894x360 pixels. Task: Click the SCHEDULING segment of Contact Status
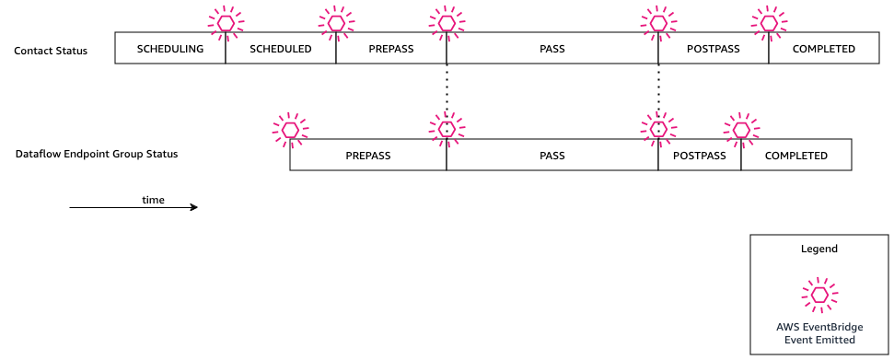pos(169,49)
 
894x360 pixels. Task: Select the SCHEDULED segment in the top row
pos(281,49)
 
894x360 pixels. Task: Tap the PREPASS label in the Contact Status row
pos(390,49)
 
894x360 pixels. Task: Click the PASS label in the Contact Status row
pos(551,49)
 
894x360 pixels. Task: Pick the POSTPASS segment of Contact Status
pos(714,49)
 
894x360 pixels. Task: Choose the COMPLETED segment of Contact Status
pos(823,49)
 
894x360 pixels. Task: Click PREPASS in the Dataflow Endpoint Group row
pos(368,156)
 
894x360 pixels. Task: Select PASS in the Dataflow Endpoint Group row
pos(551,156)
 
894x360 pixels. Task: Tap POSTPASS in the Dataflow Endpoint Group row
pos(700,156)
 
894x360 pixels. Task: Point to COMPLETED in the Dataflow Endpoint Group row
pos(795,156)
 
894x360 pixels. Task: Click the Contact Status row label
pos(51,50)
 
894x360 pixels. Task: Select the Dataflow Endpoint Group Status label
pos(97,154)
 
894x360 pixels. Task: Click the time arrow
pos(134,207)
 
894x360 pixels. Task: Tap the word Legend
pos(819,249)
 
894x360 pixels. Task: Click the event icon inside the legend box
pos(819,295)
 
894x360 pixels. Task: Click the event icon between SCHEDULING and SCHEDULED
pos(226,22)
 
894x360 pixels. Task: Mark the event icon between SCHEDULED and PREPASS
pos(336,22)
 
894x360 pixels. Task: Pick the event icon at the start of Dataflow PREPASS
pos(290,130)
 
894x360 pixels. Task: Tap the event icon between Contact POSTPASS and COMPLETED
pos(769,22)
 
